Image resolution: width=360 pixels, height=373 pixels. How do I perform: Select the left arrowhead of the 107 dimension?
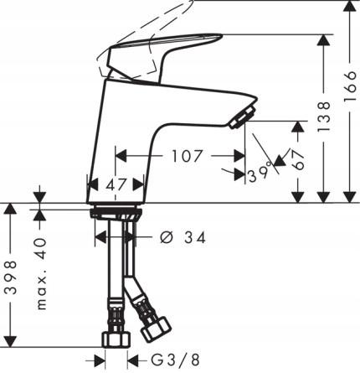pyautogui.click(x=117, y=156)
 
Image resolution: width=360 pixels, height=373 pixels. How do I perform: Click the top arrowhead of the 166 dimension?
pyautogui.click(x=350, y=7)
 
